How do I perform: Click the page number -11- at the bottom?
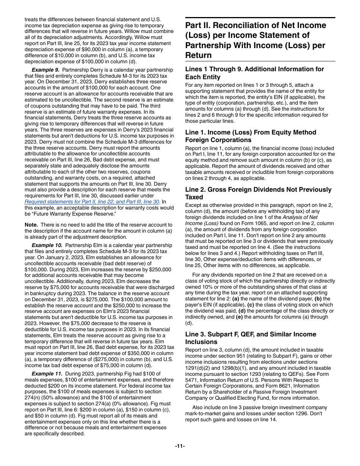click(180, 446)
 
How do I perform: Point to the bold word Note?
click(31, 225)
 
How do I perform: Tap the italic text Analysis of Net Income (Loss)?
click(251, 220)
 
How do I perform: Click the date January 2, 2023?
click(57, 257)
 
